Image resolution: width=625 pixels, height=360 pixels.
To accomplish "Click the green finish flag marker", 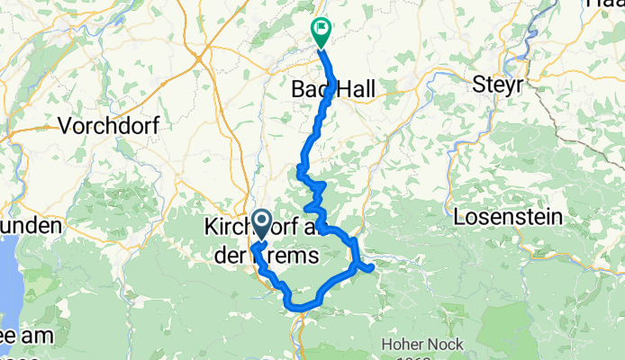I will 321,31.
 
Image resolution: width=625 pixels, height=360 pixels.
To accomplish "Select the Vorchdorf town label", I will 108,126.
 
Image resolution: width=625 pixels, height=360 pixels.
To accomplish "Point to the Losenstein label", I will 508,217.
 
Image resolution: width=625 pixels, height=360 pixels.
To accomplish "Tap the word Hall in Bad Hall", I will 356,89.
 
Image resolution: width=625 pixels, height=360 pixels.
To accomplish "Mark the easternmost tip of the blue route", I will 371,265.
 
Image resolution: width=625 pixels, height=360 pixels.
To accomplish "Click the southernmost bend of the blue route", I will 297,308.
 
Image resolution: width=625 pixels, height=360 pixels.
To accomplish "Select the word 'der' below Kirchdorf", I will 230,257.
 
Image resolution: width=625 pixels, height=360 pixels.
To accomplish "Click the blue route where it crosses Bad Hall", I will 330,89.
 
